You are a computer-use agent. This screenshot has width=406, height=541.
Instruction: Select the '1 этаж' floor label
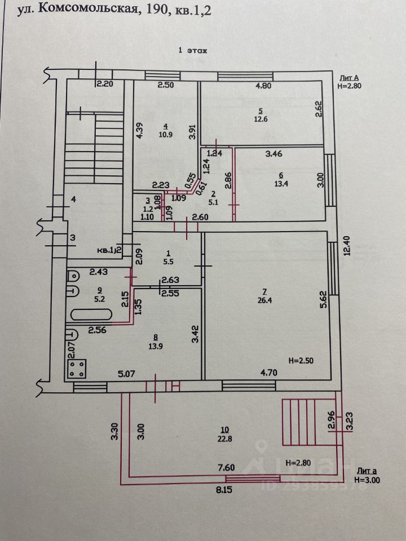click(193, 50)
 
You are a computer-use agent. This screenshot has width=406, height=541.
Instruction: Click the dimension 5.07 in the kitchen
click(126, 373)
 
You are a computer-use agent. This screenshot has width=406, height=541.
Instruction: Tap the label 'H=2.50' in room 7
click(302, 360)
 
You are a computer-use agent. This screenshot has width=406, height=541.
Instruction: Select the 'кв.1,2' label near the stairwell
click(109, 250)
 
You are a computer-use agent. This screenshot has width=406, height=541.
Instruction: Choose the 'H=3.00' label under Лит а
click(368, 480)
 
